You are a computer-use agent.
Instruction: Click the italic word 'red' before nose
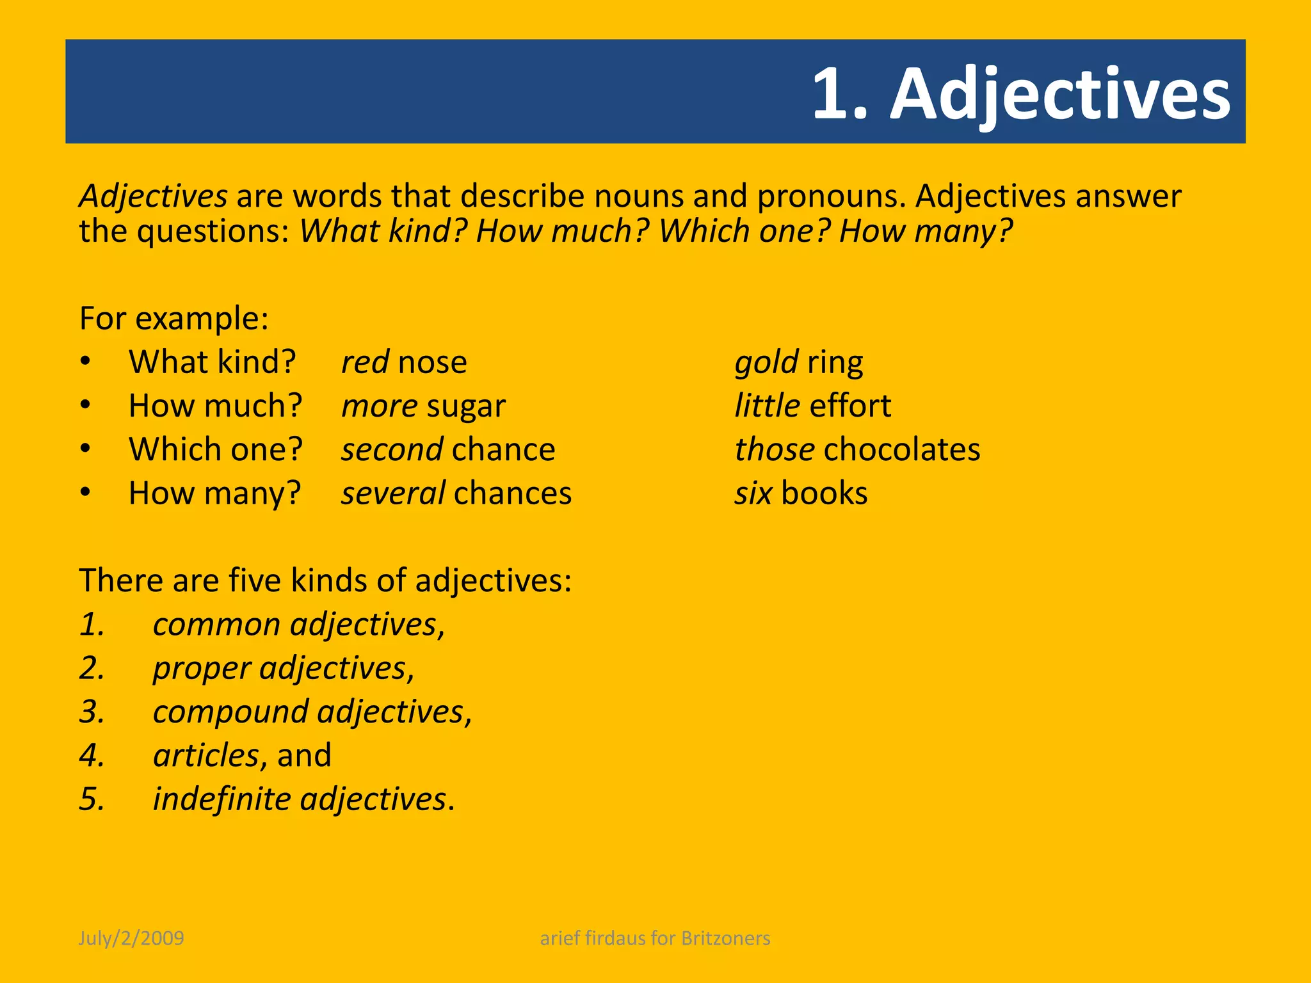pyautogui.click(x=365, y=362)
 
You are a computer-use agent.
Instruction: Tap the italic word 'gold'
pyautogui.click(x=766, y=362)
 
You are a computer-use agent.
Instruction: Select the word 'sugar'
pyautogui.click(x=466, y=406)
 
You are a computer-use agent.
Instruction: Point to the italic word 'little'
pyautogui.click(x=767, y=406)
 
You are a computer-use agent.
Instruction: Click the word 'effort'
pyautogui.click(x=850, y=406)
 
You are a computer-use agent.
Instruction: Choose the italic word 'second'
pyautogui.click(x=392, y=450)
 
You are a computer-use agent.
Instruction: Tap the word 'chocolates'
pyautogui.click(x=901, y=450)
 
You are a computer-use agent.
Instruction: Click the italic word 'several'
pyautogui.click(x=393, y=493)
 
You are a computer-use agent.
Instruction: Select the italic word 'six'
pyautogui.click(x=753, y=493)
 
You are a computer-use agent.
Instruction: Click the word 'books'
pyautogui.click(x=824, y=493)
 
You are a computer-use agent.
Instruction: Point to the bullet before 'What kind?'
pyautogui.click(x=86, y=362)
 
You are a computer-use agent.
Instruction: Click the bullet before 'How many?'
pyautogui.click(x=86, y=493)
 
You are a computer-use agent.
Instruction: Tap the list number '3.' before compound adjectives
pyautogui.click(x=92, y=712)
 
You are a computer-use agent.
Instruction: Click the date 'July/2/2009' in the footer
pyautogui.click(x=131, y=938)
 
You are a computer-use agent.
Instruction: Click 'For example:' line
pyautogui.click(x=173, y=318)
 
